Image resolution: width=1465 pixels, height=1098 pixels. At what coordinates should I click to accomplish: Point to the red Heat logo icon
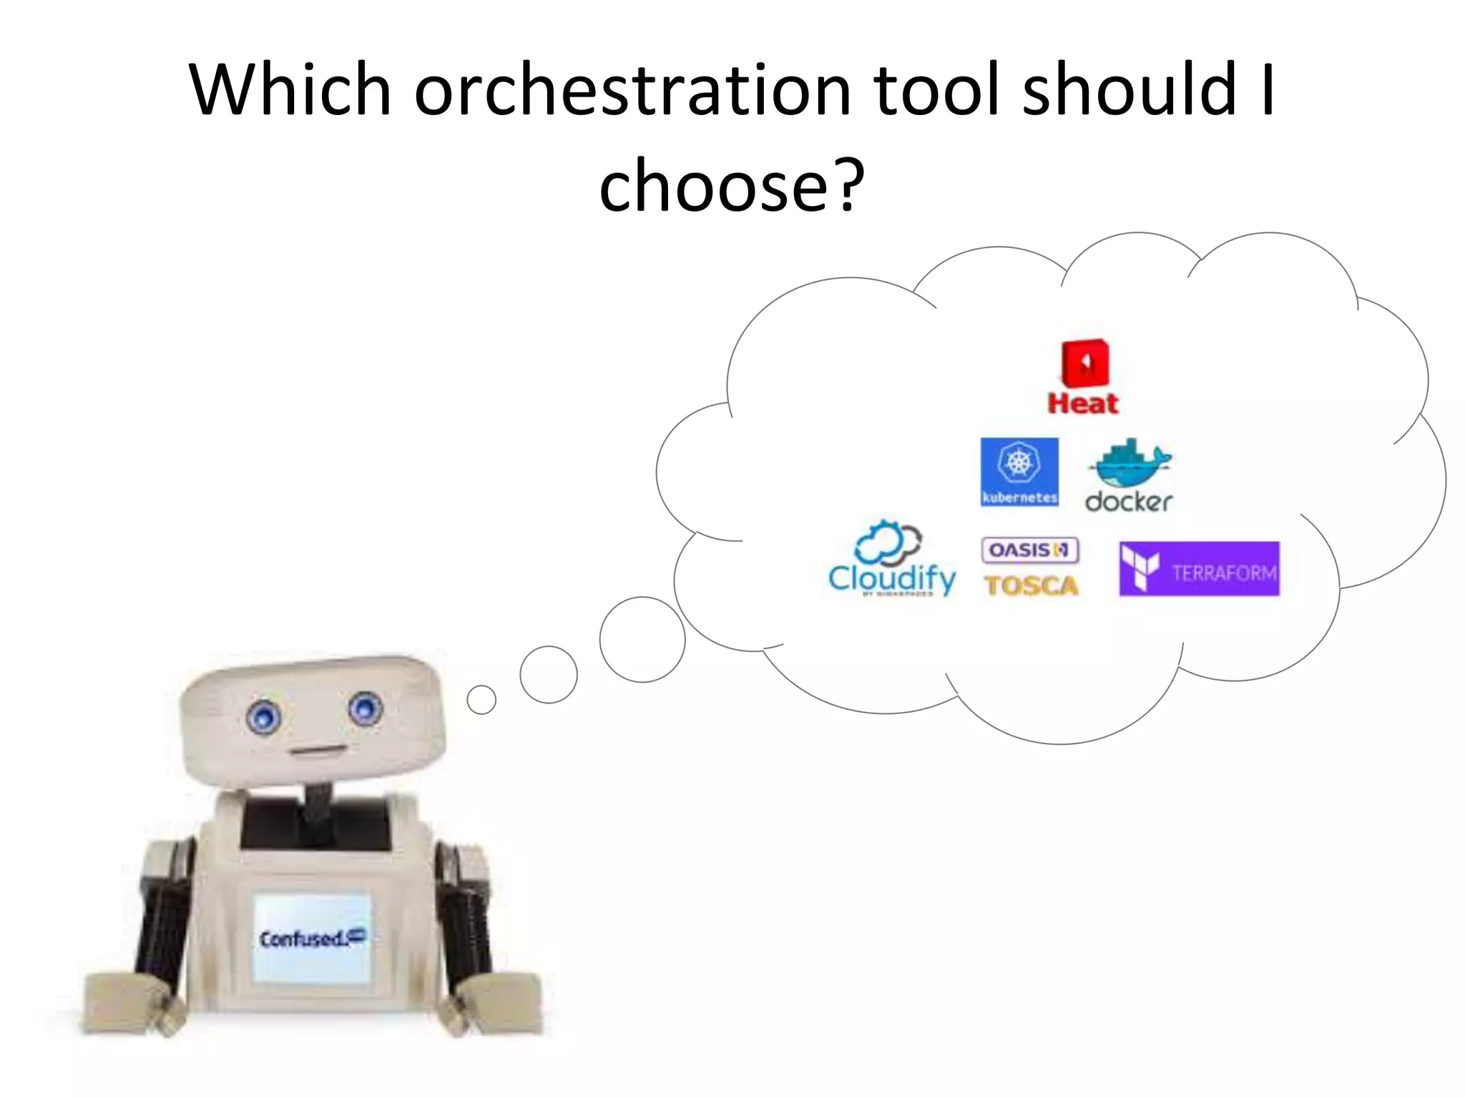pyautogui.click(x=1085, y=362)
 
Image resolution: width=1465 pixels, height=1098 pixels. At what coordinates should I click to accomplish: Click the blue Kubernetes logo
pyautogui.click(x=1019, y=472)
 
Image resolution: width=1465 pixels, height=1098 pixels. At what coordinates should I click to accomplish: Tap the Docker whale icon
pyautogui.click(x=1130, y=463)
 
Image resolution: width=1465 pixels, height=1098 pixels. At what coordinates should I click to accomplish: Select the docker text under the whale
pyautogui.click(x=1129, y=501)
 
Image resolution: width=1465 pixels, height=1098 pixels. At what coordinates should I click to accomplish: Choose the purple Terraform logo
pyautogui.click(x=1199, y=569)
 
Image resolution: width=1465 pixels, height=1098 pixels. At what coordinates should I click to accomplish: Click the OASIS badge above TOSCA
pyautogui.click(x=1030, y=550)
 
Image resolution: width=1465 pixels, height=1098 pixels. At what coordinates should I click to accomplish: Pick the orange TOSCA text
pyautogui.click(x=1031, y=586)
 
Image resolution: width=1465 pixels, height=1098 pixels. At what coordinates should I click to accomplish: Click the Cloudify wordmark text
pyautogui.click(x=891, y=578)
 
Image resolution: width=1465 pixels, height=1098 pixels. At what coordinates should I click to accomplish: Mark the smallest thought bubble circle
pyautogui.click(x=481, y=700)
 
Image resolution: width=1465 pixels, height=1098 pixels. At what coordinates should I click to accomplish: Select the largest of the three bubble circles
pyautogui.click(x=642, y=640)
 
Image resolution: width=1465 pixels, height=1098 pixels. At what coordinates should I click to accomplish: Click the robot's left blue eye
pyautogui.click(x=263, y=715)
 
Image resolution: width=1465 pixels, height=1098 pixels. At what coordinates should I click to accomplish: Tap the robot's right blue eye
pyautogui.click(x=366, y=708)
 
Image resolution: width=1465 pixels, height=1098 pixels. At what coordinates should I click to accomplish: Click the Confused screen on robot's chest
pyautogui.click(x=312, y=937)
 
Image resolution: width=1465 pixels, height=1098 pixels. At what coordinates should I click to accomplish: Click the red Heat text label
pyautogui.click(x=1083, y=404)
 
